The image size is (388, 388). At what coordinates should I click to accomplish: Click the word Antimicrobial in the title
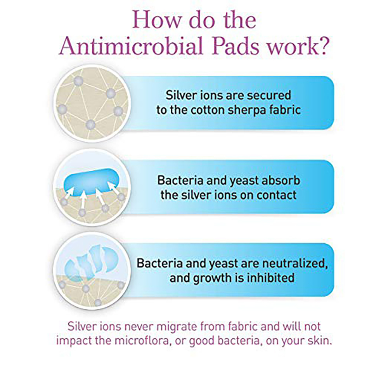pyautogui.click(x=131, y=46)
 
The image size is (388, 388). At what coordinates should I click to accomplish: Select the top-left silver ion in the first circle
pyautogui.click(x=78, y=81)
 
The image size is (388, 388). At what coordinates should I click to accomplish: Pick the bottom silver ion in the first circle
pyautogui.click(x=90, y=125)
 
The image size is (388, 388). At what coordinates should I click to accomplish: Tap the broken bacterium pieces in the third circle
pyautogui.click(x=91, y=264)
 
